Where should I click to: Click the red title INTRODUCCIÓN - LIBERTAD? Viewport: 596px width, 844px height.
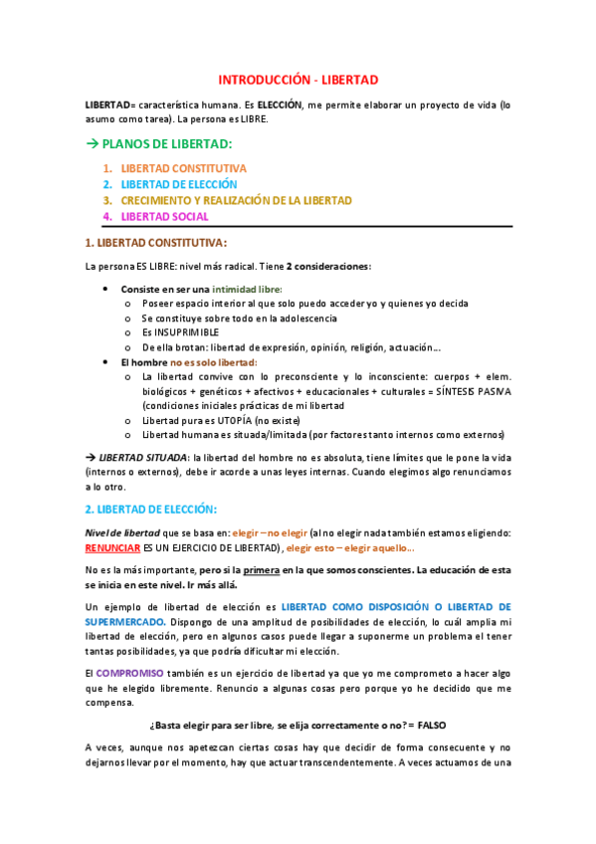[298, 80]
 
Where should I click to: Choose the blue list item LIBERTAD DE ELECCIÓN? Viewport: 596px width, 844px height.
[179, 184]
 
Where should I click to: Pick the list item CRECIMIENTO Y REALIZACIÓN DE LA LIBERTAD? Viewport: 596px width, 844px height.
[236, 200]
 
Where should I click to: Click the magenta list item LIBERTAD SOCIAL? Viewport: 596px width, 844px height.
[164, 216]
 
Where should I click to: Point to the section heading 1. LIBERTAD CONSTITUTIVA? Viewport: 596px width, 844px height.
[156, 242]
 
